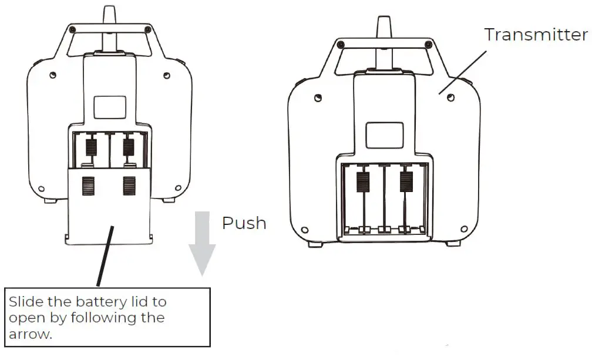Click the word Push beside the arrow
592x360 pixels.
tap(244, 223)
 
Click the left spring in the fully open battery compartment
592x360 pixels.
tap(363, 182)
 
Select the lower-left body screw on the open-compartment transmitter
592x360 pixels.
tap(304, 229)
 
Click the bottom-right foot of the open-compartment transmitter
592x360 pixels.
tap(453, 243)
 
